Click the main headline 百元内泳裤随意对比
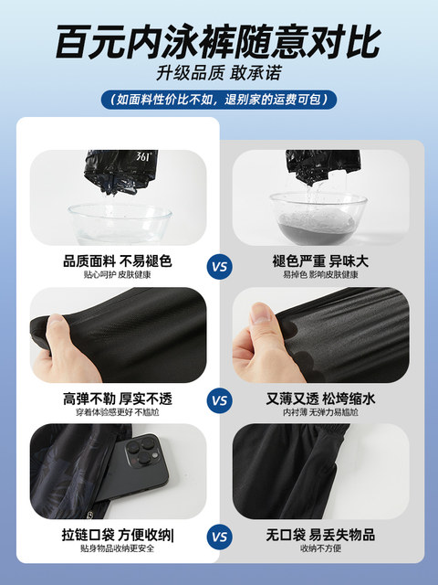(x=219, y=41)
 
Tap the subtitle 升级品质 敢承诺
(x=219, y=73)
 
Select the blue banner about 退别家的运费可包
(x=219, y=100)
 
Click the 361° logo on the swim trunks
(x=142, y=156)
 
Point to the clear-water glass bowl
(x=120, y=224)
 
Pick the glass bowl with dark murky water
(x=318, y=218)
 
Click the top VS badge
(x=219, y=267)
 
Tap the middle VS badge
(x=219, y=400)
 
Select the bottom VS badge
(x=219, y=537)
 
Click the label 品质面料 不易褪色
(x=118, y=261)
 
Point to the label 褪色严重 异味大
(x=320, y=261)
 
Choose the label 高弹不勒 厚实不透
(x=118, y=399)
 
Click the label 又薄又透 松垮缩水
(x=320, y=399)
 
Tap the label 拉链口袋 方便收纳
(x=118, y=535)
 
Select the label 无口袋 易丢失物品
(x=320, y=535)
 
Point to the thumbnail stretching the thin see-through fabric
(x=321, y=335)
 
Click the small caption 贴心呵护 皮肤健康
(x=118, y=274)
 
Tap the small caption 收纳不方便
(x=320, y=548)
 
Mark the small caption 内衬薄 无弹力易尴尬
(x=320, y=412)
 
